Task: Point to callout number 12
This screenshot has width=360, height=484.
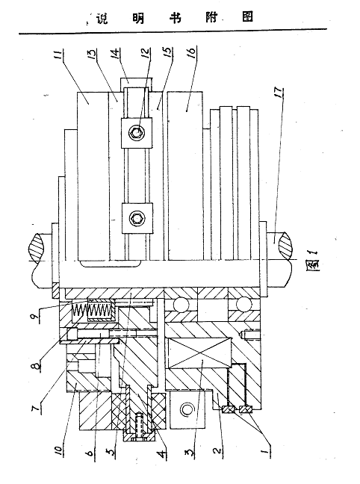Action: (x=146, y=54)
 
